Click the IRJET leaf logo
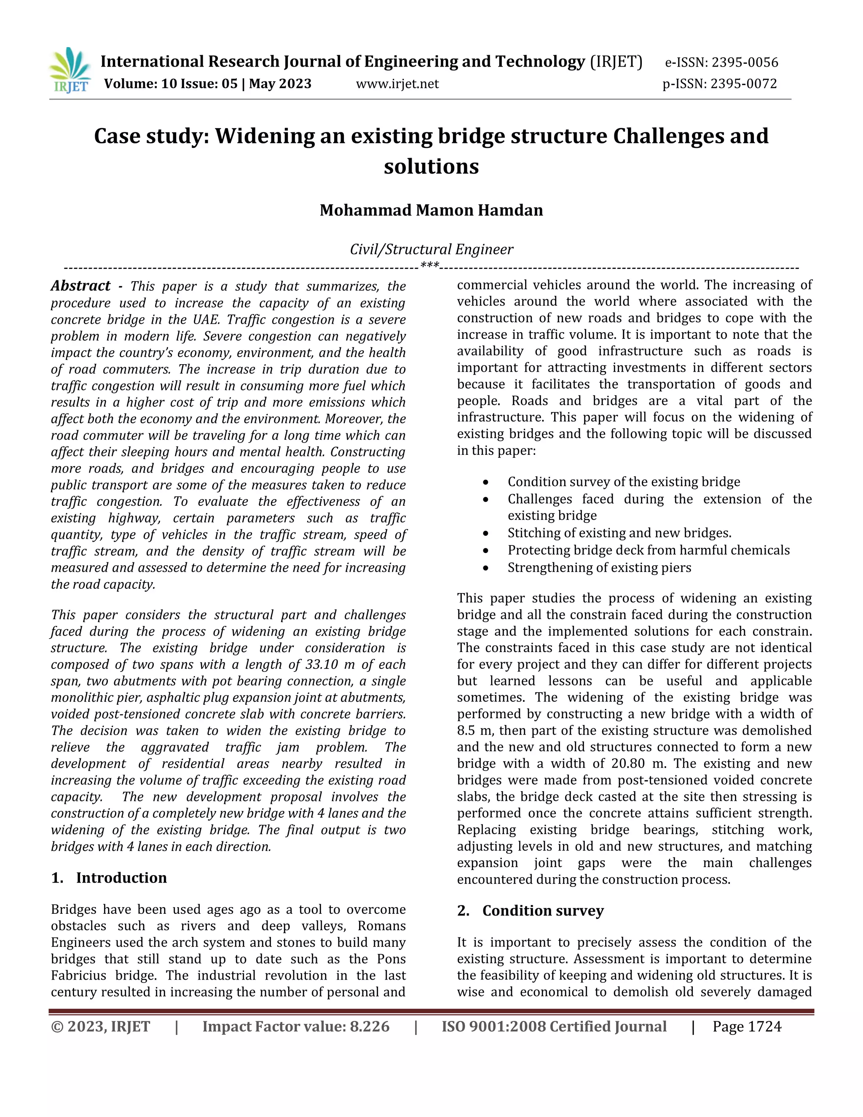[70, 70]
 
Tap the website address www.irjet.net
[397, 83]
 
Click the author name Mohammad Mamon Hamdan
[431, 210]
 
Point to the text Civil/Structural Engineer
[431, 249]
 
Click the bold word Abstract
[80, 285]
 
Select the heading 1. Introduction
[109, 878]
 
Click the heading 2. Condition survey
[530, 910]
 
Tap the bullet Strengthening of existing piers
[599, 568]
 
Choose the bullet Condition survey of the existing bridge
[623, 482]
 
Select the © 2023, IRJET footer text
[101, 1026]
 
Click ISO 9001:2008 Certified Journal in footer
[554, 1026]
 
